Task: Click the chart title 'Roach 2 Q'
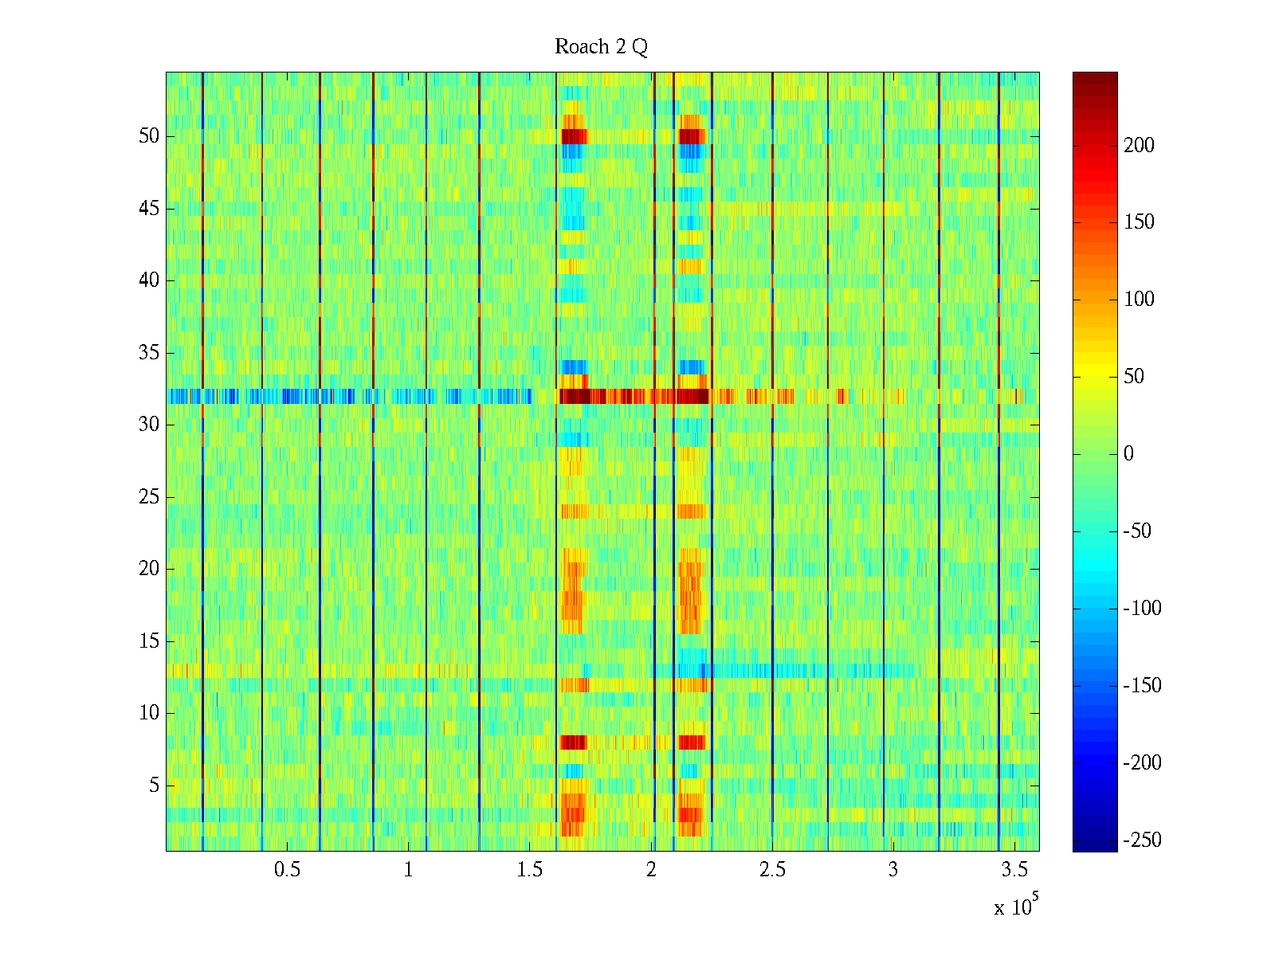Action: (x=601, y=47)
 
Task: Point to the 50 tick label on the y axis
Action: (x=149, y=136)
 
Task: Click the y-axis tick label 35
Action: (x=149, y=352)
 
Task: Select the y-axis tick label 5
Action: (x=154, y=786)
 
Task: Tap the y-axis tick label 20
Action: (x=149, y=569)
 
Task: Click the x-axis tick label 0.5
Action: (x=287, y=870)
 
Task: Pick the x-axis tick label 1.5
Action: (x=529, y=870)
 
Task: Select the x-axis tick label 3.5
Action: (x=1014, y=870)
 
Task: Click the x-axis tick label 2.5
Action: (x=772, y=870)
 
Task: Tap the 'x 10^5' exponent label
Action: (x=1016, y=907)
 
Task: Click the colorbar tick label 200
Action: (x=1139, y=145)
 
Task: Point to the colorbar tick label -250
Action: (x=1142, y=840)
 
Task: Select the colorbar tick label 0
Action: (x=1128, y=454)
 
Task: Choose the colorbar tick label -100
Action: (x=1142, y=609)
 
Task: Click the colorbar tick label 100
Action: (x=1139, y=300)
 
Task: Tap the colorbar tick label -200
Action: (x=1142, y=763)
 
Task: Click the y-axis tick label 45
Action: (x=149, y=209)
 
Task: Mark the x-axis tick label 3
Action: (x=893, y=870)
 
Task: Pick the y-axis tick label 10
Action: (x=149, y=713)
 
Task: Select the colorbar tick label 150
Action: (x=1139, y=222)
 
